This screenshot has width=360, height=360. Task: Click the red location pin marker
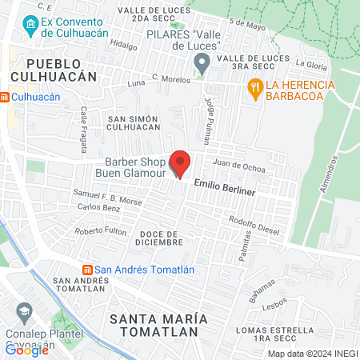pos(180,162)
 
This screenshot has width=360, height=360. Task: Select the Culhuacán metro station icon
pos(5,97)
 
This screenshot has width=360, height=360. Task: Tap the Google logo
pos(27,350)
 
